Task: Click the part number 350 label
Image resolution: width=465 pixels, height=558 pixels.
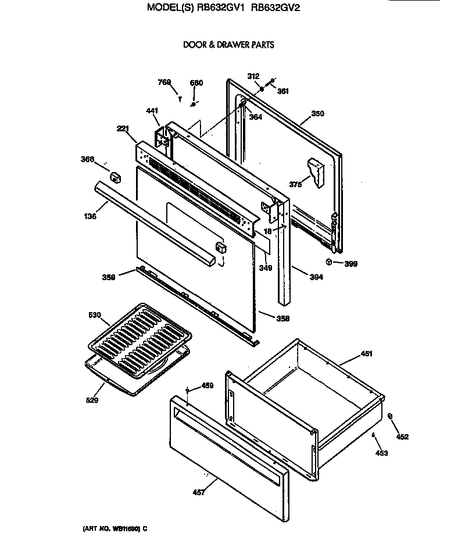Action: tap(317, 114)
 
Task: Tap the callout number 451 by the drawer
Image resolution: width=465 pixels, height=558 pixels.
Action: tap(366, 353)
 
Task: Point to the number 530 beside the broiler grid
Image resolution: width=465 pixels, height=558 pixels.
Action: tap(94, 315)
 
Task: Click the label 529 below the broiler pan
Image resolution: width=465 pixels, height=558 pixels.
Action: tap(92, 400)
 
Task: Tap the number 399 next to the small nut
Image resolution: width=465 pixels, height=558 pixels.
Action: tap(350, 263)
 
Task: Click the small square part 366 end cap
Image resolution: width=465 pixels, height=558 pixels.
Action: tap(115, 176)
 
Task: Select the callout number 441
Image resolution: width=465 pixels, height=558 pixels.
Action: tap(151, 110)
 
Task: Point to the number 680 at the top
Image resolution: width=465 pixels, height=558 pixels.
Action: tap(196, 83)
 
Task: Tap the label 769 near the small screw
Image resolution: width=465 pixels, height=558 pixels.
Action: tap(164, 83)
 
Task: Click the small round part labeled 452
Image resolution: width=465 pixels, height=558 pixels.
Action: tap(391, 416)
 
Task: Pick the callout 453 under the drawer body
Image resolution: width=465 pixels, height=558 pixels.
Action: tap(381, 453)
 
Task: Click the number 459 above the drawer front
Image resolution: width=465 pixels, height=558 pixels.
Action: tap(207, 385)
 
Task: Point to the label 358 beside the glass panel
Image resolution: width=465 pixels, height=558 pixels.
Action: tap(282, 319)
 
